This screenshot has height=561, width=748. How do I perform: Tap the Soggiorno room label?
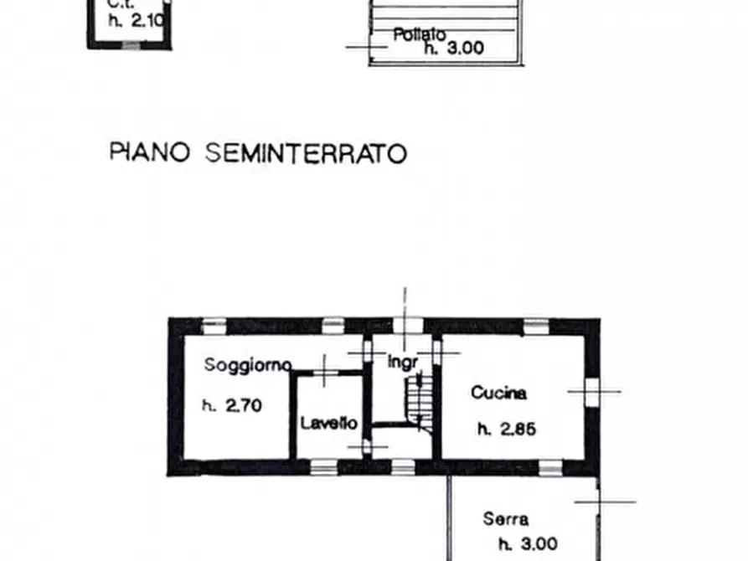coord(247,365)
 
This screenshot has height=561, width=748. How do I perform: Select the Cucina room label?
coord(498,392)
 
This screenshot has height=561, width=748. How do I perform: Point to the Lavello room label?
coord(329,424)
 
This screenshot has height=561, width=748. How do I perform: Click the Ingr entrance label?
coord(402,363)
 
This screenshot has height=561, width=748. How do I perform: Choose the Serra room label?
coord(506,519)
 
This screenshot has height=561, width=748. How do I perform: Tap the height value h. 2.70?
coord(233,406)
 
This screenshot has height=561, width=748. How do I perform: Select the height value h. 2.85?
coord(506,430)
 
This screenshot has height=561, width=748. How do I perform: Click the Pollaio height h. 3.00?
coord(453,49)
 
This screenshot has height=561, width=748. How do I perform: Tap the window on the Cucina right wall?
coord(592,391)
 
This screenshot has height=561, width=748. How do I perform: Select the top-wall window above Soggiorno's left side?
coord(214,324)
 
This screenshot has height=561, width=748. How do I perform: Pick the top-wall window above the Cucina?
coord(534,324)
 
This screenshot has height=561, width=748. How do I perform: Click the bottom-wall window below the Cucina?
coord(549,467)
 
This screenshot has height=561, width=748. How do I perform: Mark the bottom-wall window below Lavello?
coord(324,467)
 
